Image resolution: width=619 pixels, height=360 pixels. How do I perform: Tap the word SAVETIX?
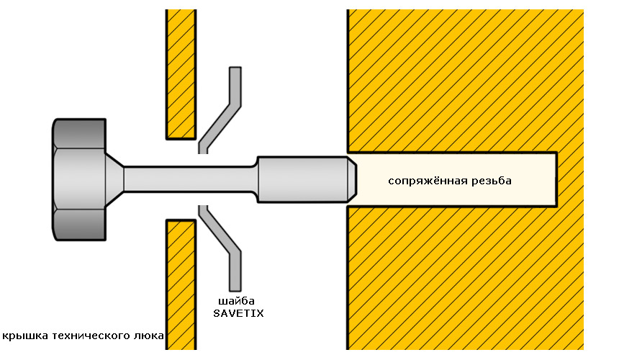click(x=238, y=313)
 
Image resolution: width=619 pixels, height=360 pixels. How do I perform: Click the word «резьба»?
click(x=492, y=181)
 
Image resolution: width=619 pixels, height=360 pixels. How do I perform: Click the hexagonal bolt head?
click(x=79, y=179)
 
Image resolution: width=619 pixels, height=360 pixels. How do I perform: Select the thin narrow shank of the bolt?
click(x=190, y=179)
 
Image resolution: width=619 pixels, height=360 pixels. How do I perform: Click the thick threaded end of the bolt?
click(x=302, y=179)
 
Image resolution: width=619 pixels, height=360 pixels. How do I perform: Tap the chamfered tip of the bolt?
click(x=352, y=179)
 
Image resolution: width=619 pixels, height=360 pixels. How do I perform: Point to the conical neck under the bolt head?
click(x=114, y=179)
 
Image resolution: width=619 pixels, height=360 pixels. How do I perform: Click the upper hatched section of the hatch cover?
click(x=181, y=74)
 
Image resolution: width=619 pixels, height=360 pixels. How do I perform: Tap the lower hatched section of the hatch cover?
click(x=181, y=284)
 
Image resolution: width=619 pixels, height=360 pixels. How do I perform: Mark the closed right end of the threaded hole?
click(x=556, y=179)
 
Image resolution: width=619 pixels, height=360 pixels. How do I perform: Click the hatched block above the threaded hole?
click(x=466, y=81)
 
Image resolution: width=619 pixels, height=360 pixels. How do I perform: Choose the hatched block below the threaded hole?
click(x=466, y=279)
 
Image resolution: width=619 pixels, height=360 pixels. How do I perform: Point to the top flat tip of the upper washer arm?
click(x=235, y=68)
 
